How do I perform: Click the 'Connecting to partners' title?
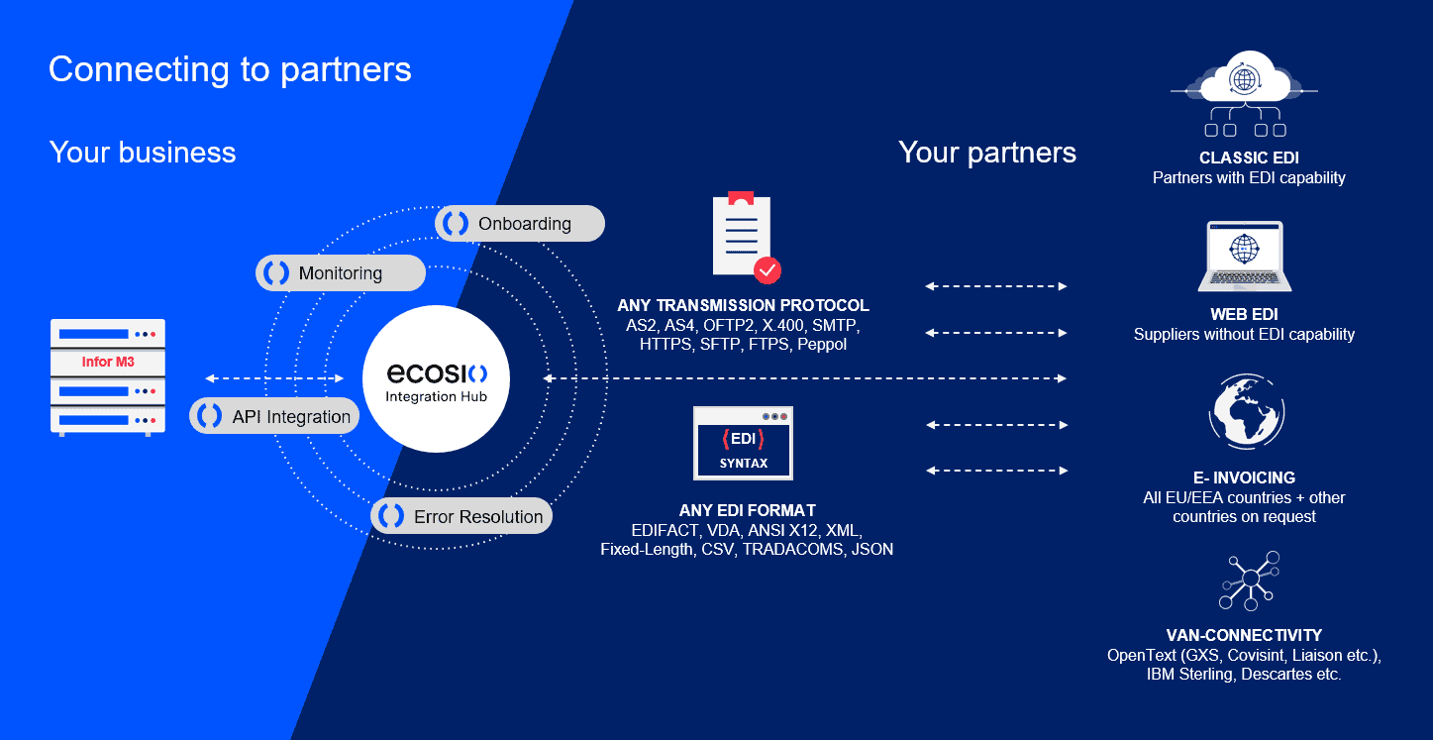230,69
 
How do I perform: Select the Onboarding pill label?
520,223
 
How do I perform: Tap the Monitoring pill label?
341,273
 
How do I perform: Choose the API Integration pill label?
274,416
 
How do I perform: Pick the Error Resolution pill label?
461,516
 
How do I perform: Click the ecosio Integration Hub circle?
437,380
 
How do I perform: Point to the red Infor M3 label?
108,362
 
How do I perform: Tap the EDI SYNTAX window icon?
743,443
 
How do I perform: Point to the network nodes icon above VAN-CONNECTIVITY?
1248,581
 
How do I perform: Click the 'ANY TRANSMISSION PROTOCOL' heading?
743,305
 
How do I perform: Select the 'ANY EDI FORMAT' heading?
748,511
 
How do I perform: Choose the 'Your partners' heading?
986,153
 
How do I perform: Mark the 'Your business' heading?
143,153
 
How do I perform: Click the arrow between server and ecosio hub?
274,378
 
